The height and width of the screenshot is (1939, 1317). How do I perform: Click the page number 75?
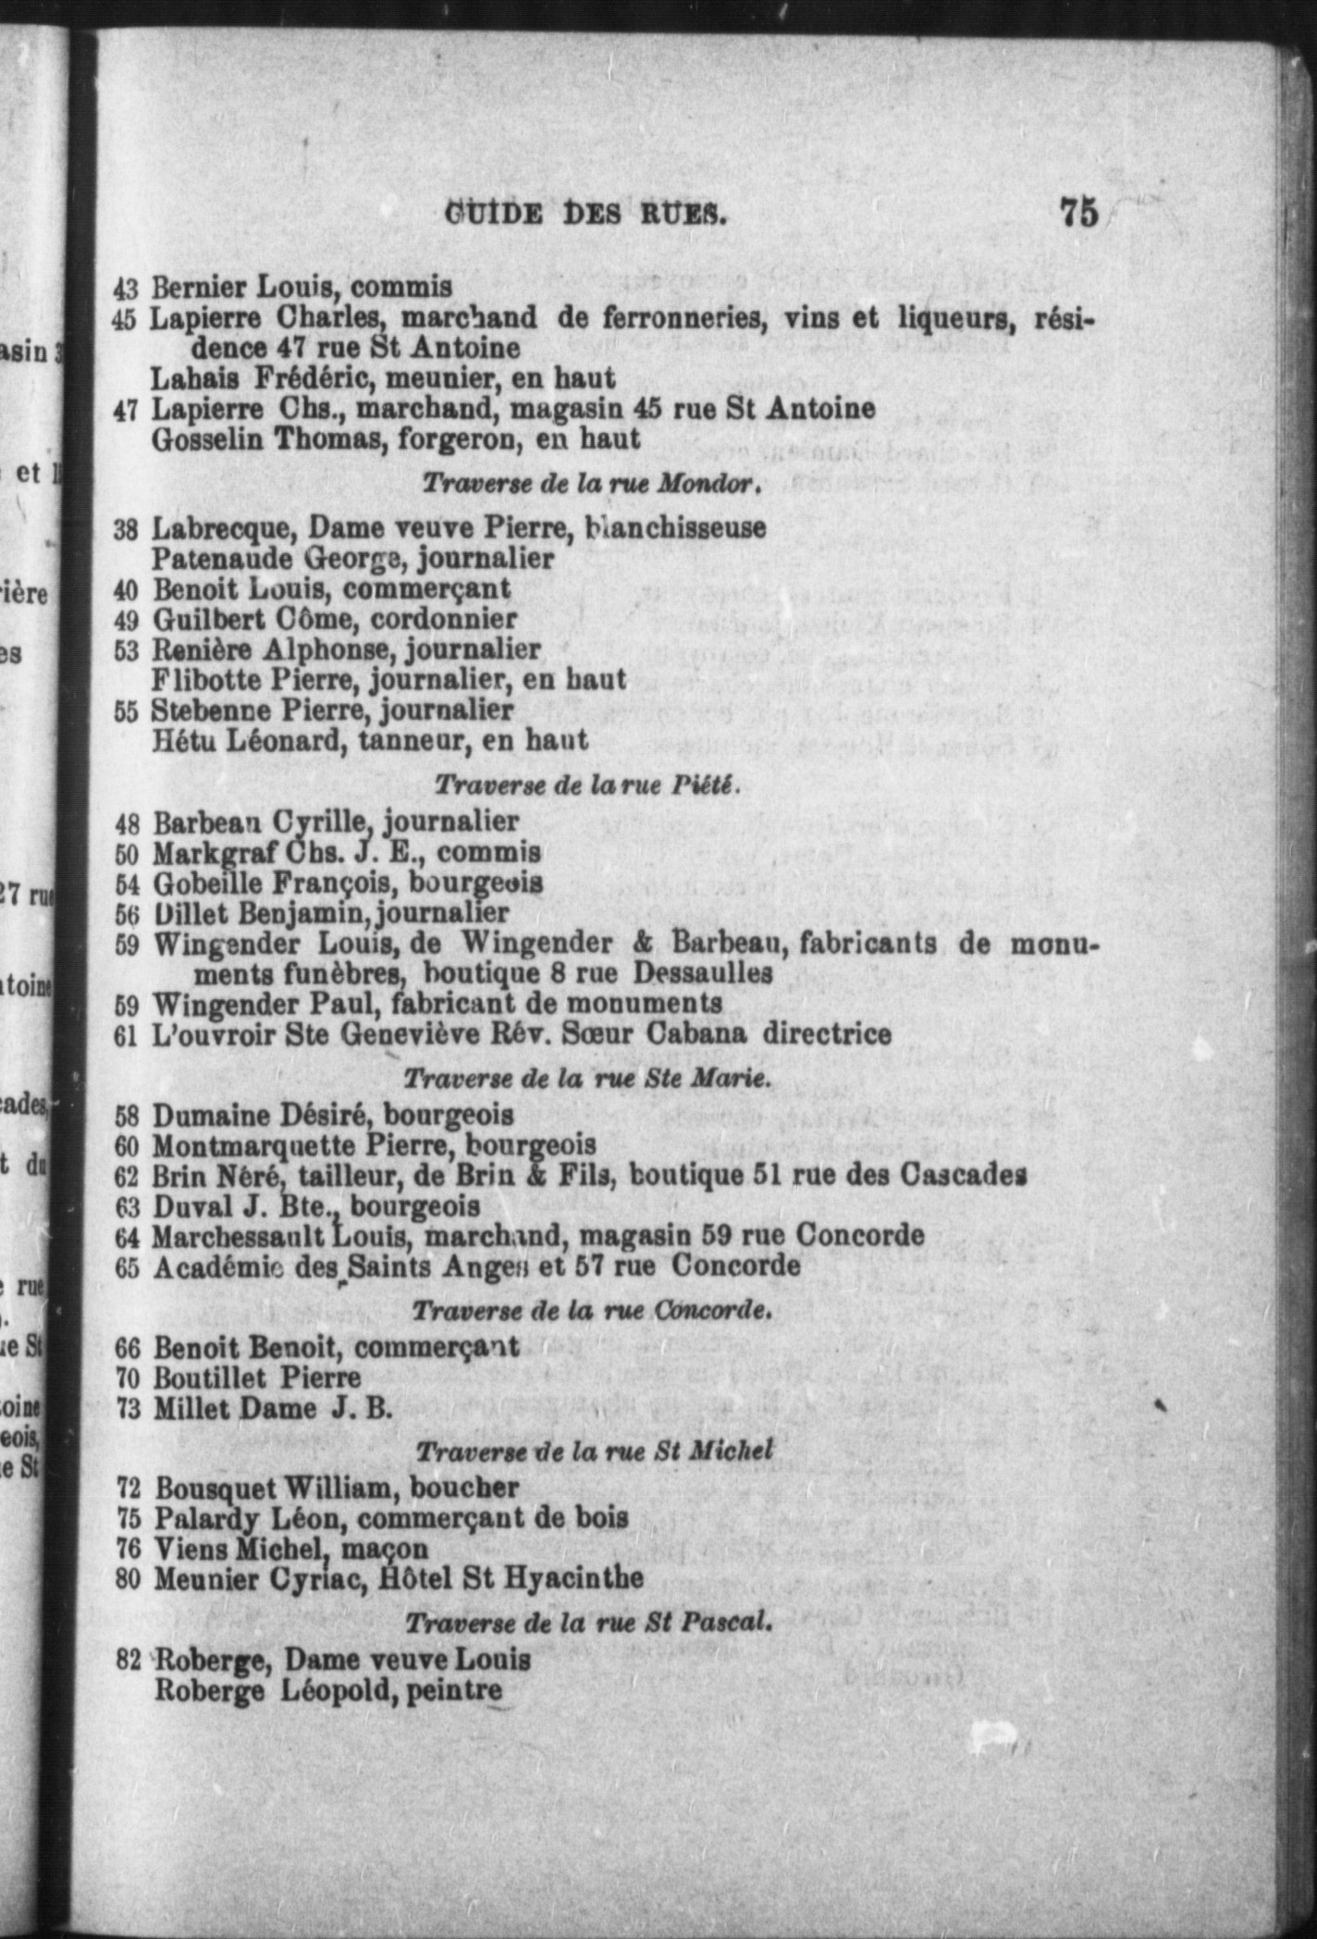1078,212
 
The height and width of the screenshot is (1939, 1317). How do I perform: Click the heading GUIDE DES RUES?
585,215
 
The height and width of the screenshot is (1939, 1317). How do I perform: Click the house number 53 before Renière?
126,649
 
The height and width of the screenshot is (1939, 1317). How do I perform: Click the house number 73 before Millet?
128,1408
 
